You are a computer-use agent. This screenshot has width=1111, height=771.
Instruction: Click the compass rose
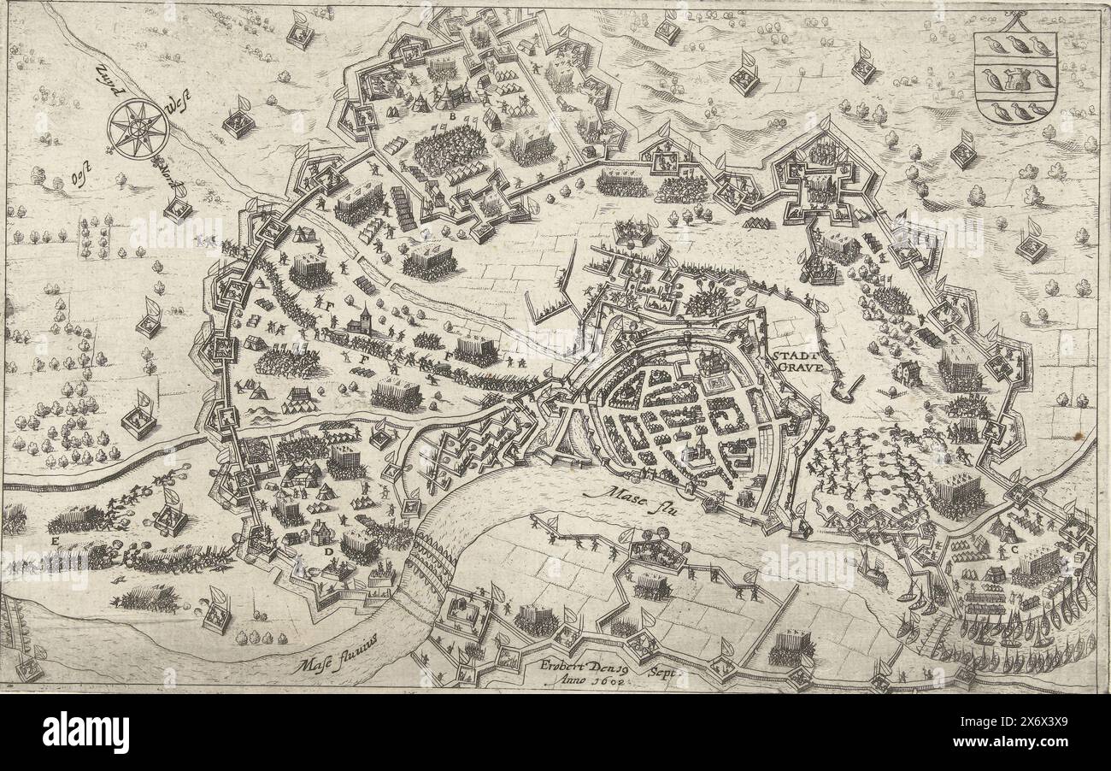(x=138, y=129)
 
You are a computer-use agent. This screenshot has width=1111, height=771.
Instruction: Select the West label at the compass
(x=179, y=108)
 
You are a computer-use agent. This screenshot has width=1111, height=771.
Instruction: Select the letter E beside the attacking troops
(x=55, y=540)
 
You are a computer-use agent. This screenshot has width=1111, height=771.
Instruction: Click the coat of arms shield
(x=1015, y=78)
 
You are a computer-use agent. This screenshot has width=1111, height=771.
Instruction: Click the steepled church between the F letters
(x=363, y=321)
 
